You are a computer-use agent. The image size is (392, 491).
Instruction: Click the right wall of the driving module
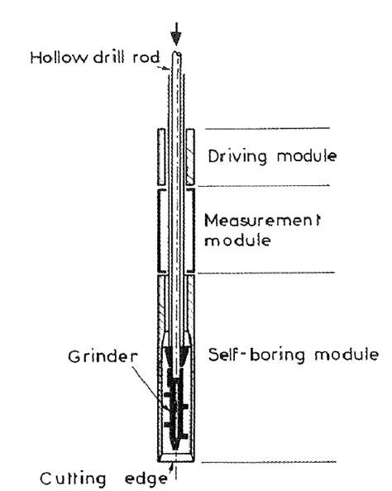click(x=190, y=155)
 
